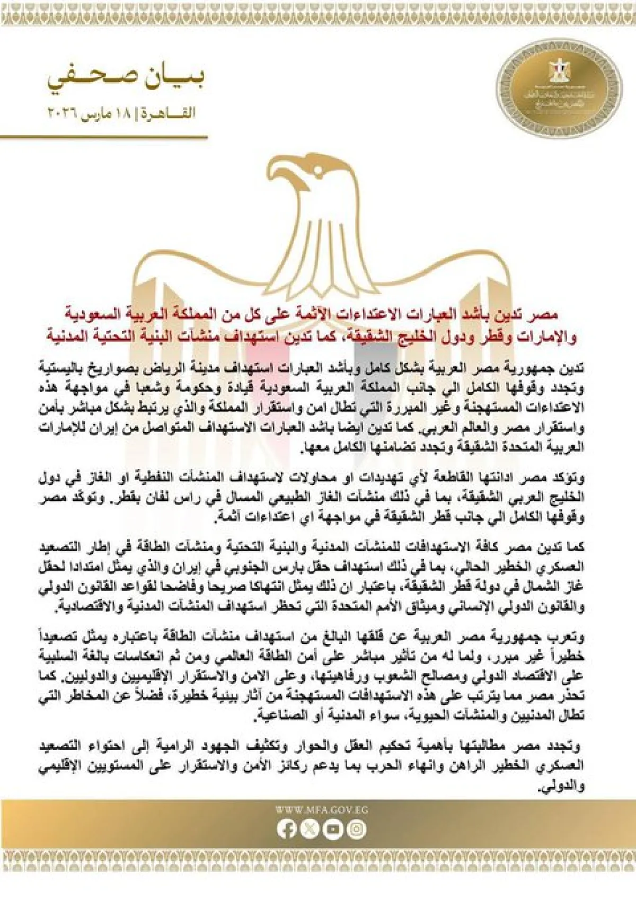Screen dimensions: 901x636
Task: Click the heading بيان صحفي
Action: (x=125, y=78)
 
